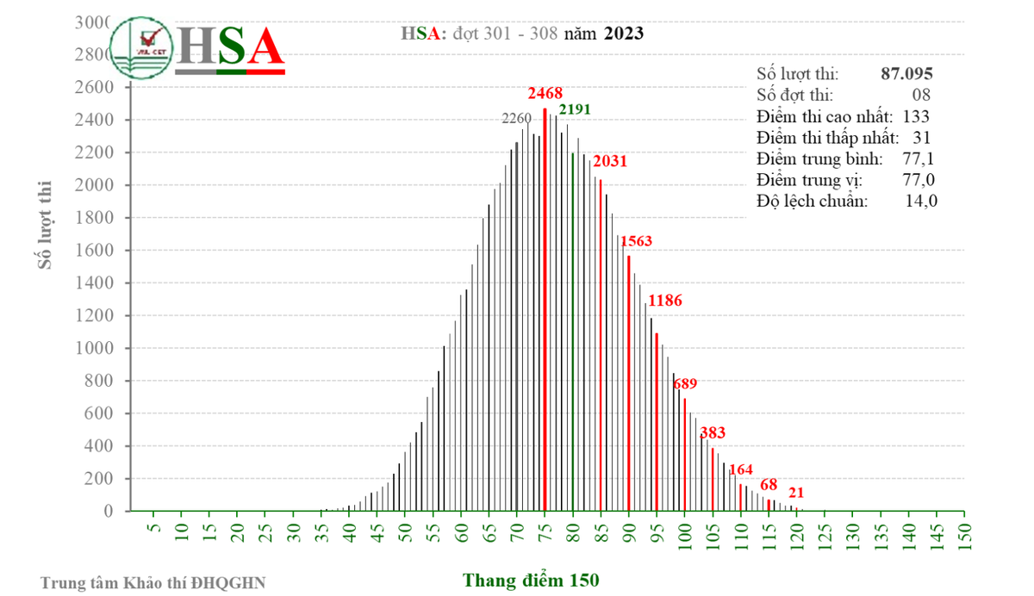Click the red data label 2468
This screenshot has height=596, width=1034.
click(x=545, y=93)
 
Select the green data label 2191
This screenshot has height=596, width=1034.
click(x=576, y=109)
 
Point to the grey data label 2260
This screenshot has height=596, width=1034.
click(x=517, y=118)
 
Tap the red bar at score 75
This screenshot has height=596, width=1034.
click(x=545, y=310)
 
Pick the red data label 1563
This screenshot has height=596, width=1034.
click(x=638, y=241)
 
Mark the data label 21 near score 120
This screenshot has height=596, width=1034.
click(x=796, y=493)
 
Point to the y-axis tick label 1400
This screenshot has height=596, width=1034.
click(x=97, y=283)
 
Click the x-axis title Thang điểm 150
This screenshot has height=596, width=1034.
click(x=531, y=580)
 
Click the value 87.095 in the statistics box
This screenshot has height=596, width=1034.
click(x=906, y=75)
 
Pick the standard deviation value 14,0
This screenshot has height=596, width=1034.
click(x=920, y=202)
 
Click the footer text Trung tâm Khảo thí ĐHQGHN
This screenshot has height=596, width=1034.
click(x=153, y=583)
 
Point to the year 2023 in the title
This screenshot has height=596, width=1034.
click(x=623, y=34)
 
